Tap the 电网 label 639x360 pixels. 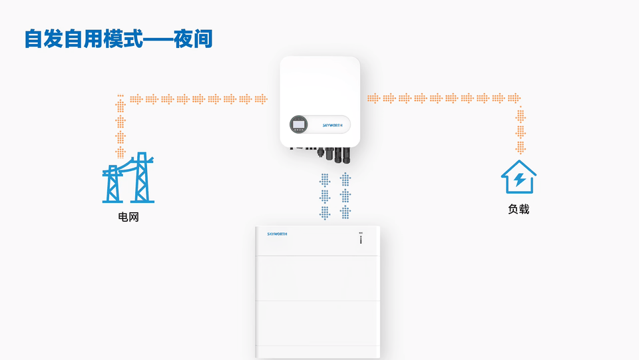(x=128, y=217)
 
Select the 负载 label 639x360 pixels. (x=519, y=209)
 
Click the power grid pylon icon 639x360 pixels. (x=128, y=178)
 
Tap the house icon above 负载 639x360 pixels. (x=519, y=177)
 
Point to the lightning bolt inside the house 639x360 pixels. (x=519, y=180)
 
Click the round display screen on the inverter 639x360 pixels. (x=299, y=124)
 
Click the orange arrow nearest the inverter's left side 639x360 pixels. (x=261, y=99)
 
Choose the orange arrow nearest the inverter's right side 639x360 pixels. (x=374, y=98)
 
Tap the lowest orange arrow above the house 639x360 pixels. (x=520, y=147)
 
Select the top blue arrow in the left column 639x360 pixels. (x=325, y=180)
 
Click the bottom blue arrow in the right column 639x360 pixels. (x=345, y=212)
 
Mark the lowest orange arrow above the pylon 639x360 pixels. (x=120, y=152)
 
